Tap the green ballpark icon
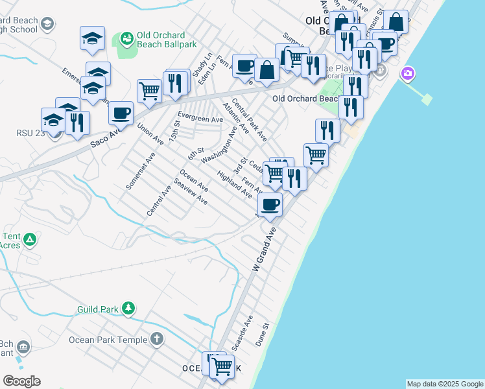tap(126, 39)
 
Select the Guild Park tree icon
tap(129, 309)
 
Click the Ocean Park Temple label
tap(109, 340)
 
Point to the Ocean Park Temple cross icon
tap(157, 339)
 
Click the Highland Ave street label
tap(235, 184)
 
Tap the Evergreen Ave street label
tap(200, 119)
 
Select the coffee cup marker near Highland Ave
tap(270, 204)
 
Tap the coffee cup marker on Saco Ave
tap(121, 113)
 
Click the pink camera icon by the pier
tap(408, 74)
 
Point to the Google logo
tap(21, 381)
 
